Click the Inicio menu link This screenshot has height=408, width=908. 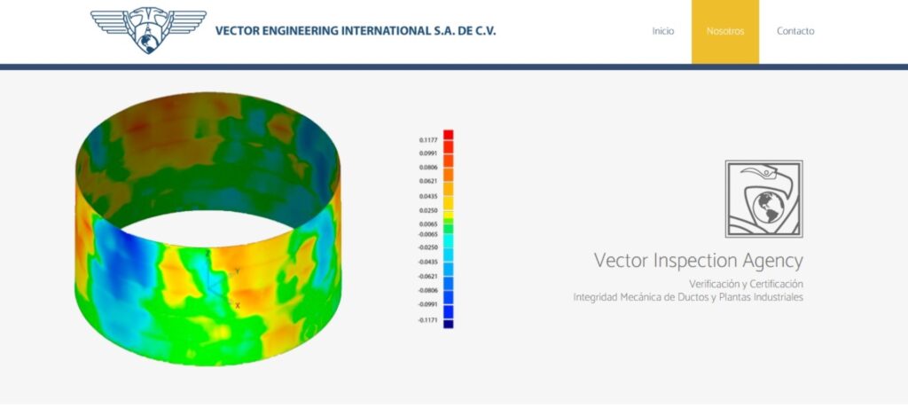coord(663,31)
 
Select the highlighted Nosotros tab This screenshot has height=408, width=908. coord(725,31)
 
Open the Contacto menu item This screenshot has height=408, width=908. coord(795,31)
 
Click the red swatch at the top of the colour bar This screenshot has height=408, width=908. coord(449,134)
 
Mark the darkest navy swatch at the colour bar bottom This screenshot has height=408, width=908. coord(449,325)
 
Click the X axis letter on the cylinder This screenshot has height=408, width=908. coord(238,305)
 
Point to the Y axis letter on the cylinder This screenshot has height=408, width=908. coord(237,271)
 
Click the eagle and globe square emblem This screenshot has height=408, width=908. coord(763,199)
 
